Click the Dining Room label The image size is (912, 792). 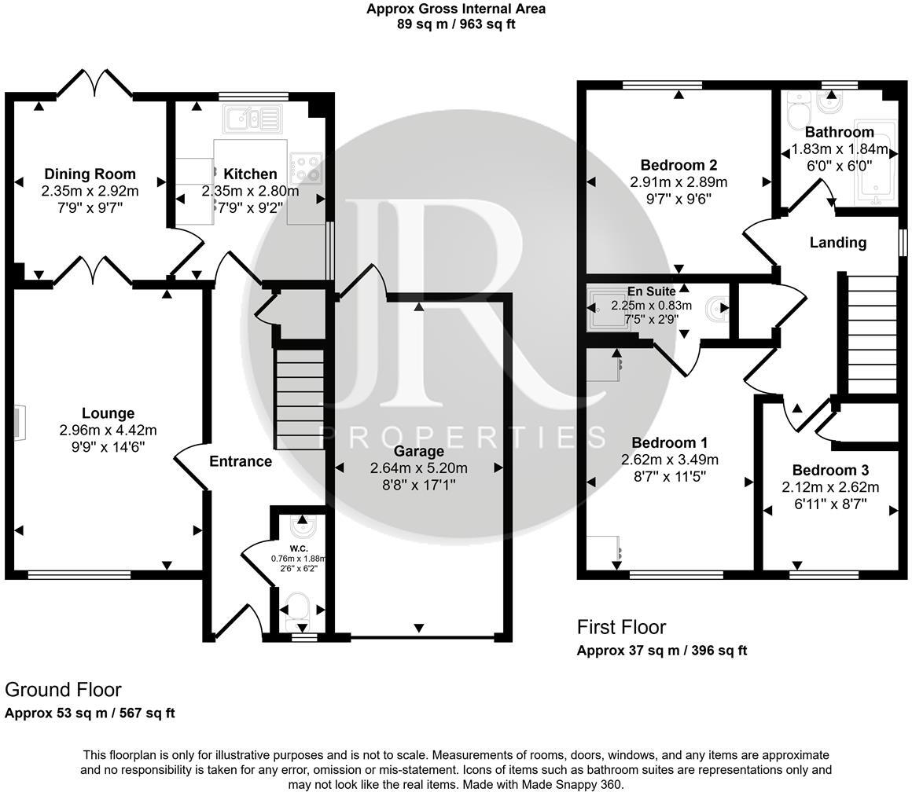coord(90,174)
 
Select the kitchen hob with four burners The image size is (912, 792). coord(305,167)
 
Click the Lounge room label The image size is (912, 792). coord(108,413)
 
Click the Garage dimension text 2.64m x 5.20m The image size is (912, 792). coord(418,468)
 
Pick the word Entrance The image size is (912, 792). coord(241,461)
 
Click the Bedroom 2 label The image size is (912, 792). coord(678,165)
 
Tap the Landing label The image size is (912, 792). coord(838,243)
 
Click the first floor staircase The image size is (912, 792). coord(871,333)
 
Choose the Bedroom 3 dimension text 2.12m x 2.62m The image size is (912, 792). coord(830,487)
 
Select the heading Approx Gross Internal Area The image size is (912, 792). coord(456,9)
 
